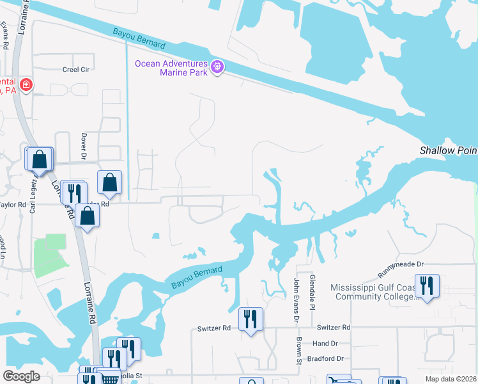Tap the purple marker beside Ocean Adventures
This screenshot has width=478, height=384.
coord(217,67)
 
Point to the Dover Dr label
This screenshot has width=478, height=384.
coord(84,145)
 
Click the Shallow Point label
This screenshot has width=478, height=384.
coord(448,150)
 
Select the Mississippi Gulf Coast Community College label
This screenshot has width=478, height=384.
coord(374,292)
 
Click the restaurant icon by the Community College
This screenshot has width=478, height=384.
coord(426,285)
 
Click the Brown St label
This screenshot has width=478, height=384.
coord(298,352)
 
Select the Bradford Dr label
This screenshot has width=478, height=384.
coord(325,360)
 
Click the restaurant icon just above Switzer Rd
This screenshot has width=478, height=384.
coord(251,319)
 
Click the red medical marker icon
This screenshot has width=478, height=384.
coord(26,85)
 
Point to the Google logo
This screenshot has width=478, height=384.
coord(21,376)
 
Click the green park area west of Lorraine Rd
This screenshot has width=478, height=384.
coord(49,255)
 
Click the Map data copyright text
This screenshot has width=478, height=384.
coord(451,379)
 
